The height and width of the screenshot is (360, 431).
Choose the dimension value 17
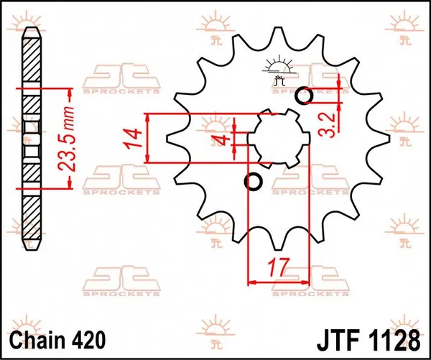coord(277,269)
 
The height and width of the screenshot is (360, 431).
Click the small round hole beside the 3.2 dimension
coord(303,94)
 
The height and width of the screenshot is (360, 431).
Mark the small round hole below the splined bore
coord(253,182)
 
